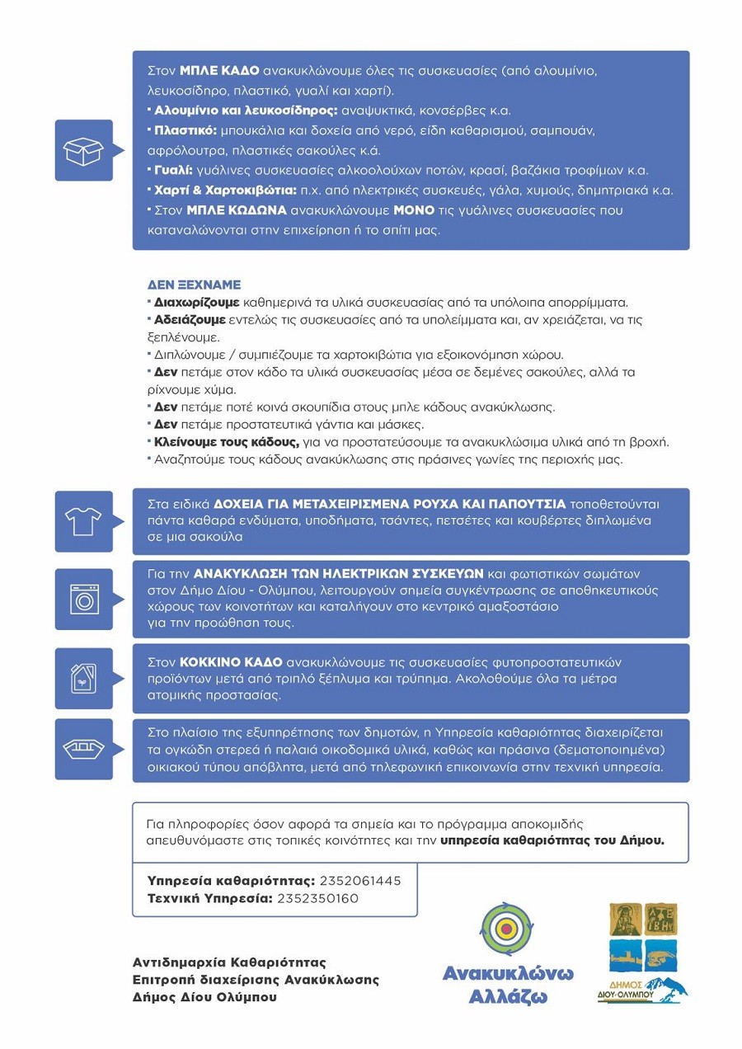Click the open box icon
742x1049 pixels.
point(83,151)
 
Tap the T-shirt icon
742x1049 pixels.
point(83,521)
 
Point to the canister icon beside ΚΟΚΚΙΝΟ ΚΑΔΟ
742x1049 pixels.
point(83,678)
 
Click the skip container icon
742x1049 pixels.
point(83,750)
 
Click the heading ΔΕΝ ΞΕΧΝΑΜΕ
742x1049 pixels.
point(194,285)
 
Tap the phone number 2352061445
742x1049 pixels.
point(360,881)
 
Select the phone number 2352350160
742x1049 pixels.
point(317,898)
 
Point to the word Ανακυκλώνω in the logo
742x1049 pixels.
point(508,973)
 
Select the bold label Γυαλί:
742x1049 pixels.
point(173,171)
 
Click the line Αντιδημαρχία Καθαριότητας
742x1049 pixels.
point(229,962)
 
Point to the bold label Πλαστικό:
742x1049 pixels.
point(185,131)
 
